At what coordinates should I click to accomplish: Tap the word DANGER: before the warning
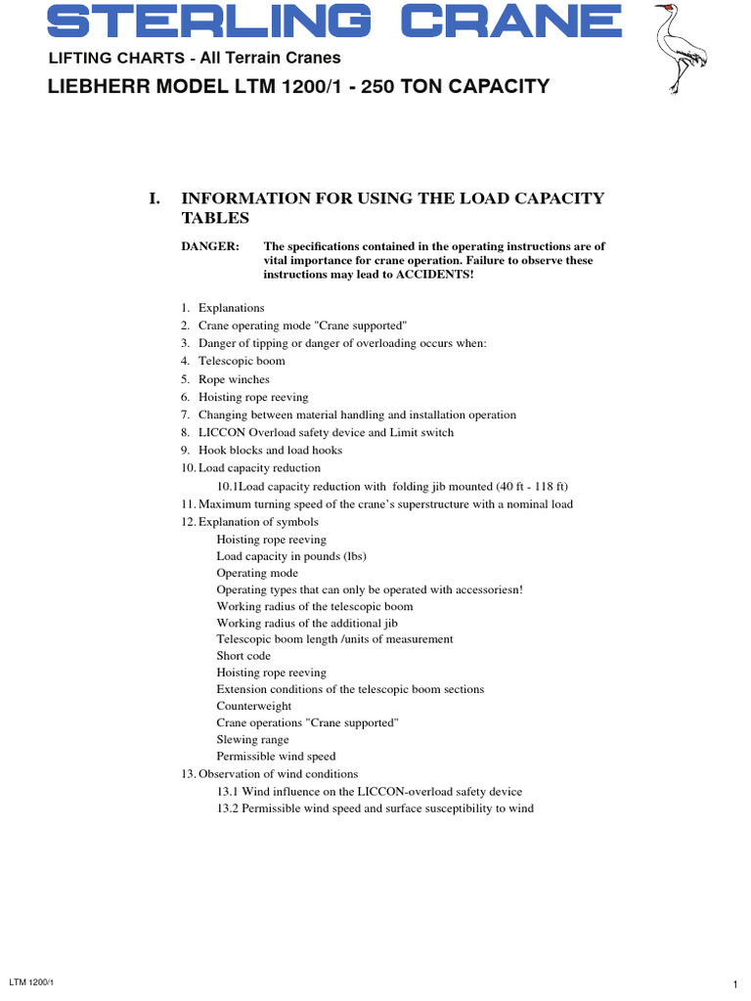(210, 246)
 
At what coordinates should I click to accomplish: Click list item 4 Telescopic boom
(241, 361)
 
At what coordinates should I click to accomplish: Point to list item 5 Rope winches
(233, 379)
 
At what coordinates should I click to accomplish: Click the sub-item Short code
(243, 656)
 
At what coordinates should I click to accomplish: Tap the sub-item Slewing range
(252, 740)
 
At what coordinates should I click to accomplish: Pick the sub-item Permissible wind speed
(276, 757)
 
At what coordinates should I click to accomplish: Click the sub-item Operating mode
(257, 573)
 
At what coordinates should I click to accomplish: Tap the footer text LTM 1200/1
(30, 980)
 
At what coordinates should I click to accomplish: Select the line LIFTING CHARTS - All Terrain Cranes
(195, 59)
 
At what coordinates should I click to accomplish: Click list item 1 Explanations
(231, 308)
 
